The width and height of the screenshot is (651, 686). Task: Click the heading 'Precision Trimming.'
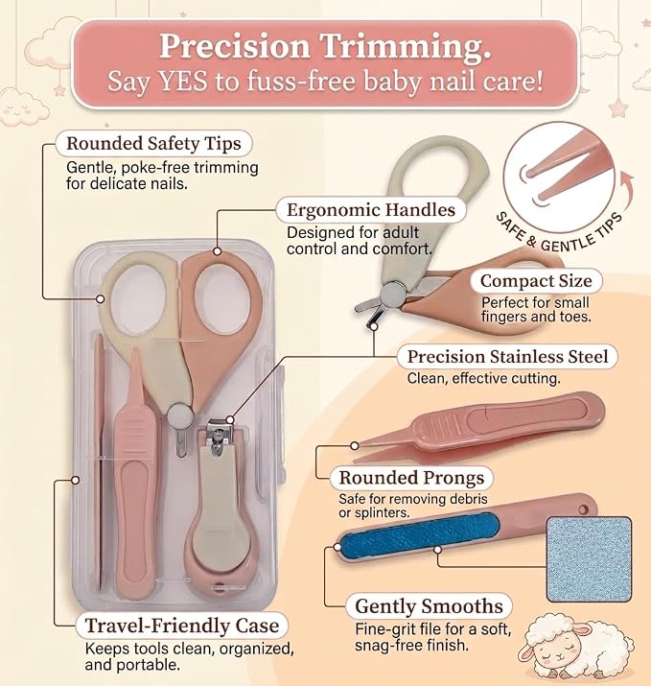click(x=325, y=47)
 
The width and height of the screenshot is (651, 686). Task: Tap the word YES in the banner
click(x=183, y=81)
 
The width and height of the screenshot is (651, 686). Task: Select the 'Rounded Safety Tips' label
click(x=153, y=144)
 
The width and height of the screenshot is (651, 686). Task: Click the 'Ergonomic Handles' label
click(x=371, y=210)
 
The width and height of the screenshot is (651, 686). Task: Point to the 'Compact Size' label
click(x=536, y=281)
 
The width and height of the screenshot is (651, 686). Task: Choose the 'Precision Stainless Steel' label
click(x=507, y=357)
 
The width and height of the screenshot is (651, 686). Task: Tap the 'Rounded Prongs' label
click(x=411, y=478)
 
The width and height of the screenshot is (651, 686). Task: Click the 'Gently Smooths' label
click(x=429, y=606)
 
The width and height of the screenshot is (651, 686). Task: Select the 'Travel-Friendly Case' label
click(x=182, y=626)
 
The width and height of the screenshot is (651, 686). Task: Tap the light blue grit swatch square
click(x=589, y=558)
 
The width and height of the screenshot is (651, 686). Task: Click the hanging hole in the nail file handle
click(x=583, y=509)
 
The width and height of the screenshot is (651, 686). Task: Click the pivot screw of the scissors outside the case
click(x=392, y=295)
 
